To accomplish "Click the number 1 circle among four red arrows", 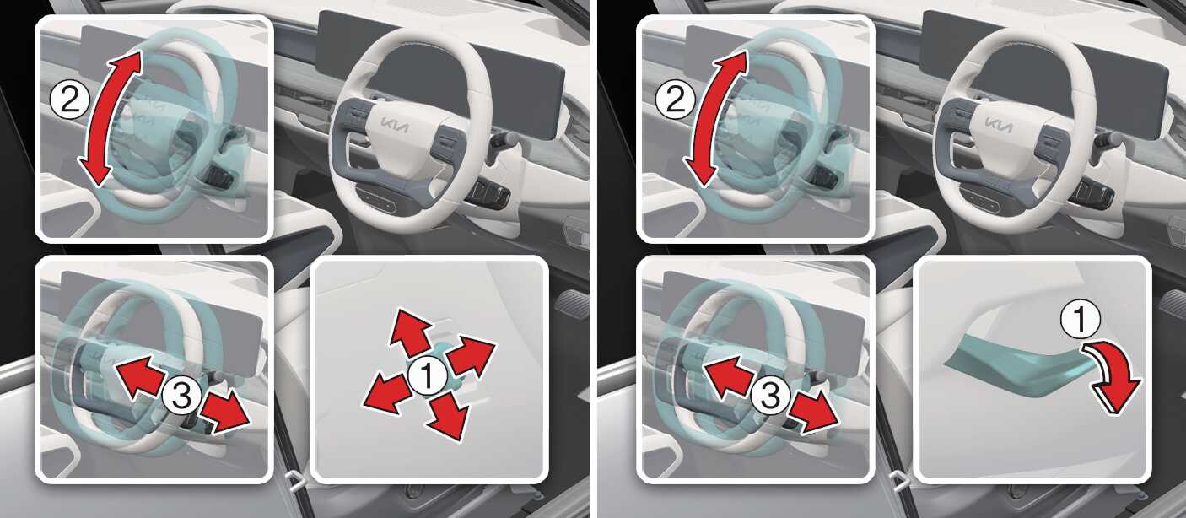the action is [428, 375].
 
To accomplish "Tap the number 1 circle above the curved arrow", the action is [1080, 320].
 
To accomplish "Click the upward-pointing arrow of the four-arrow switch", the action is [410, 332].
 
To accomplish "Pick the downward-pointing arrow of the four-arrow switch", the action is [448, 416].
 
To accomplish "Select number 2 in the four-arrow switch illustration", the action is [69, 100].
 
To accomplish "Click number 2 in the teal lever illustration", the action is [675, 100].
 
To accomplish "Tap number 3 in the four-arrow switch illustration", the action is [181, 396].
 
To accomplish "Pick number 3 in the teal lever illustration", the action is [770, 396].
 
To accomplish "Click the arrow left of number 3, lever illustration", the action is [728, 375].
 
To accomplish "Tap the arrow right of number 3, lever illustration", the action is [814, 414].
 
